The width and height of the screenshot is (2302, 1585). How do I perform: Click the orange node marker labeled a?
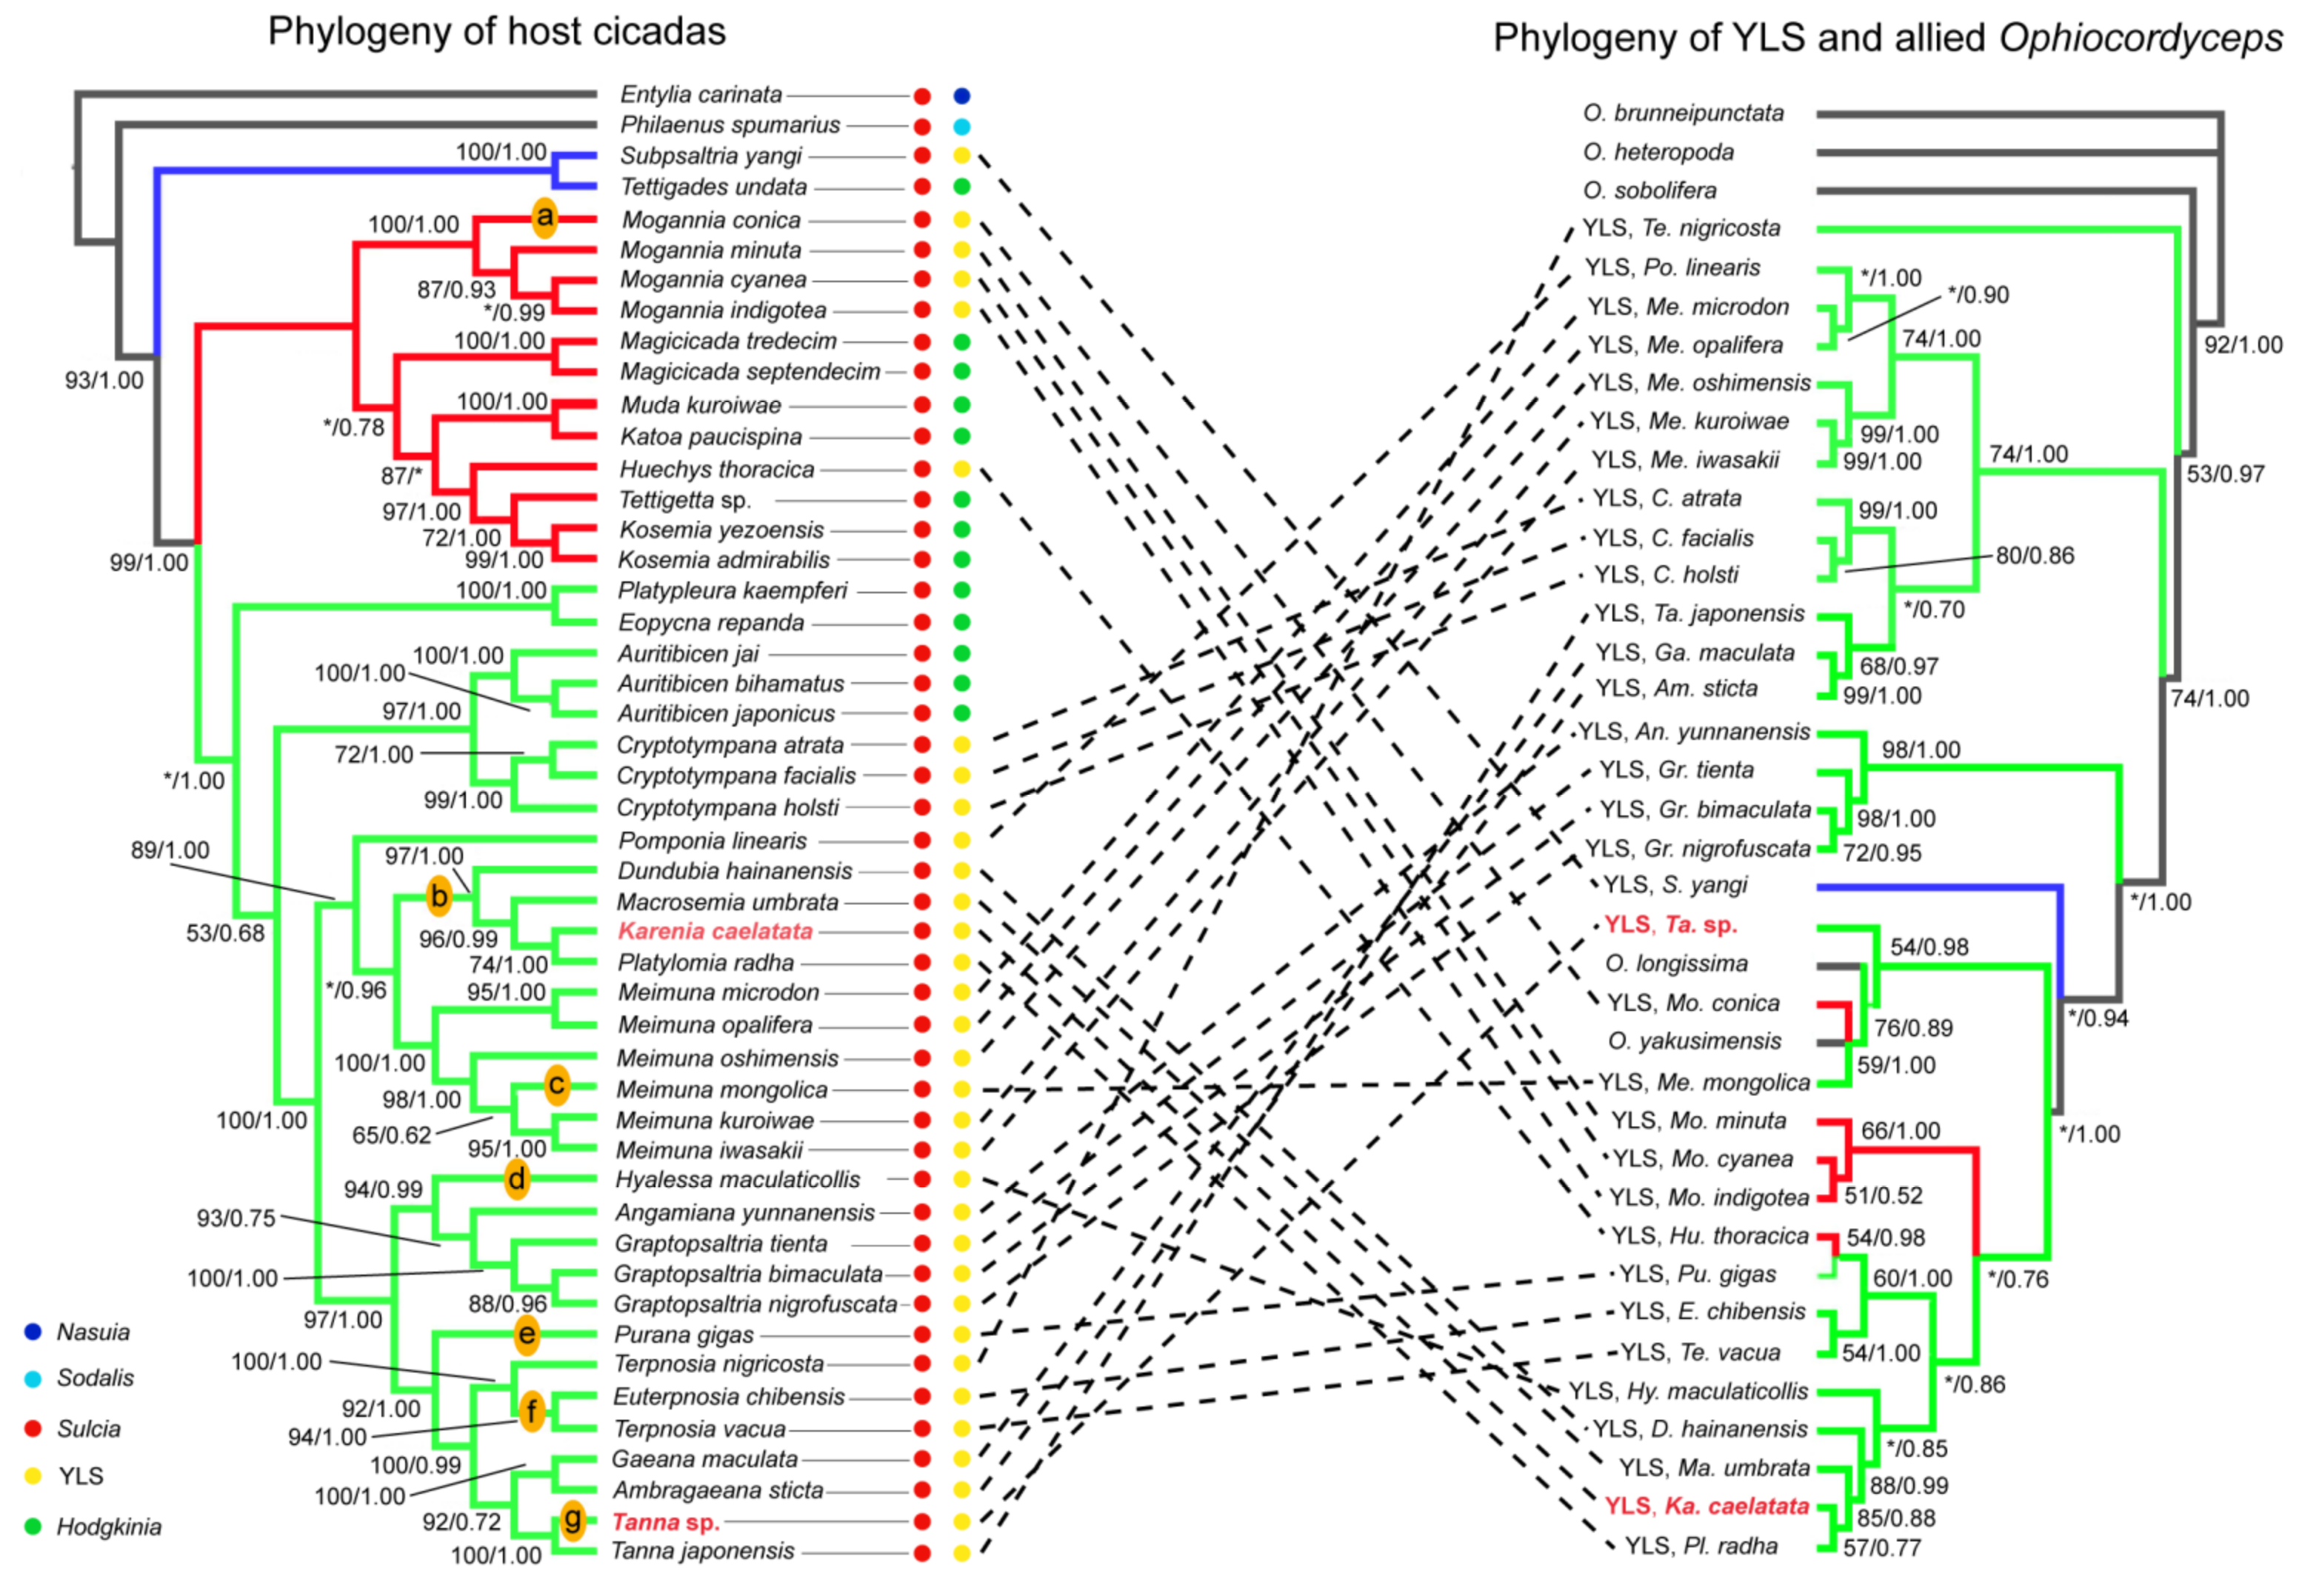pos(544,218)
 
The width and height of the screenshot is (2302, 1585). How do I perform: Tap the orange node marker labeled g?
pos(572,1520)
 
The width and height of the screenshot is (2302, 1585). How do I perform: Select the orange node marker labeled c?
pos(556,1086)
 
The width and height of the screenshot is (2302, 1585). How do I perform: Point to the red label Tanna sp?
pos(664,1521)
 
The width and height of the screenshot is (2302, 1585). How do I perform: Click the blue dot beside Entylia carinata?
pos(961,96)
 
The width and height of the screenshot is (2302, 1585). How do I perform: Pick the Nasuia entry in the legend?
pos(93,1332)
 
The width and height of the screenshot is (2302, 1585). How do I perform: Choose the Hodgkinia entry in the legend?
pos(108,1526)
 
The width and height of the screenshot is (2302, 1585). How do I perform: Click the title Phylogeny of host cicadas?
pos(496,32)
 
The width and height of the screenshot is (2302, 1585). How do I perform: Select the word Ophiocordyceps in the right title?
pos(2140,39)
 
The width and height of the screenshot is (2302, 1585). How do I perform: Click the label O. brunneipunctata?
pos(1684,113)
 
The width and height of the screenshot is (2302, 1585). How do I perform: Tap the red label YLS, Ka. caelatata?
pos(1707,1506)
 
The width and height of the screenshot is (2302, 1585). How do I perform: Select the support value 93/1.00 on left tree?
pos(104,381)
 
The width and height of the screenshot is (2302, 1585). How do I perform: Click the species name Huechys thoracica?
pos(716,469)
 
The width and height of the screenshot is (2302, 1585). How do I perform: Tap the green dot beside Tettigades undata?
pos(961,187)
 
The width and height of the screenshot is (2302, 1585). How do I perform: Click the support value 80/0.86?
pos(2035,555)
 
